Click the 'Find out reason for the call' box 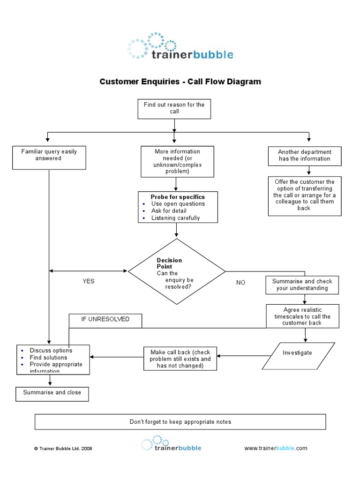click(x=174, y=108)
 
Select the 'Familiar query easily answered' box click(x=49, y=157)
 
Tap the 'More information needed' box click(x=177, y=162)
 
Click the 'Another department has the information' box click(x=304, y=156)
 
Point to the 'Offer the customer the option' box click(x=304, y=195)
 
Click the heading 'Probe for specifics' click(x=178, y=197)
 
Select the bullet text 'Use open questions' click(x=178, y=204)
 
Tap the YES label click(x=89, y=281)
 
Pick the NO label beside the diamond click(x=240, y=283)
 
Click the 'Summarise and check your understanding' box click(x=302, y=285)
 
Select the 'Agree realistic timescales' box click(x=302, y=316)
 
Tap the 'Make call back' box click(x=180, y=359)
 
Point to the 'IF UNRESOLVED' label click(x=105, y=319)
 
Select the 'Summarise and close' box click(x=52, y=393)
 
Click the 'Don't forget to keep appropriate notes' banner click(x=180, y=422)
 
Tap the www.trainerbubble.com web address click(x=276, y=448)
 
